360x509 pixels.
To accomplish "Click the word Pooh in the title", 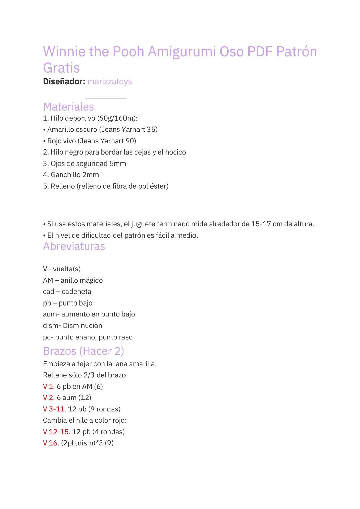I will [128, 52].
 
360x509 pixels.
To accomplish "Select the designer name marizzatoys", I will [109, 82].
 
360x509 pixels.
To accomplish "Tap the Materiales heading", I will [68, 107].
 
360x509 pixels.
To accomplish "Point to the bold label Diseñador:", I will [64, 82].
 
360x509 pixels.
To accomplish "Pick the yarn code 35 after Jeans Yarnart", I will [152, 130].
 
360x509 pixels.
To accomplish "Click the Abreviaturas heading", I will [74, 246].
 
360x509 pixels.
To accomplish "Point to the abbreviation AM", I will [48, 280].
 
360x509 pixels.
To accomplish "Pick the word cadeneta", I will [76, 292].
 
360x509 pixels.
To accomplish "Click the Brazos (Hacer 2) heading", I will [83, 351].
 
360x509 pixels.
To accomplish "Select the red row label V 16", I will [51, 443].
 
